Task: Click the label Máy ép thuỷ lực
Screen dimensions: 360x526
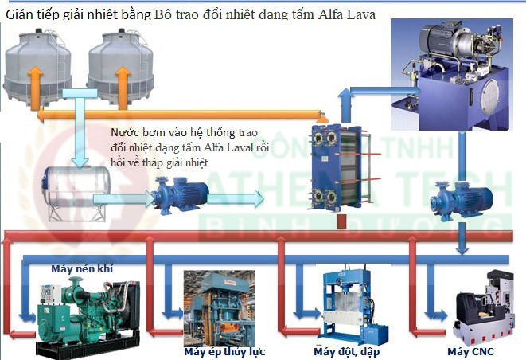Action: [x=224, y=351]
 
